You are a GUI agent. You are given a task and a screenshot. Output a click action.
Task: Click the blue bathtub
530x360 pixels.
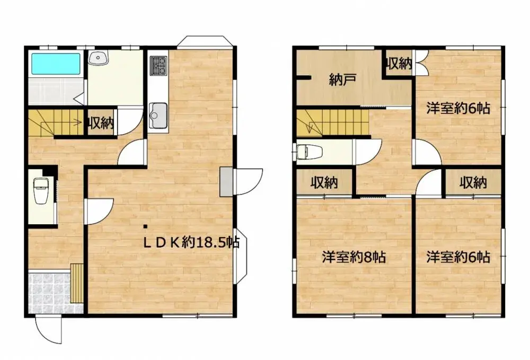pyautogui.click(x=56, y=64)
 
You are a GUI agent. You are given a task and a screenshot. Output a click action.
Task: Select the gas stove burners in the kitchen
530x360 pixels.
pyautogui.click(x=158, y=66)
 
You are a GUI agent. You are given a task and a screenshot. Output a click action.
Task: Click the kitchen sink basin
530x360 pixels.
pyautogui.click(x=158, y=113)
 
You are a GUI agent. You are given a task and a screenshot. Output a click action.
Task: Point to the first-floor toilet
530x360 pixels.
pyautogui.click(x=41, y=191)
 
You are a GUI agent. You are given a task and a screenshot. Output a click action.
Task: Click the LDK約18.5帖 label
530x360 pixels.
pyautogui.click(x=192, y=243)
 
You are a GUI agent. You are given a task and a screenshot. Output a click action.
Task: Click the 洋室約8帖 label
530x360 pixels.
pyautogui.click(x=354, y=258)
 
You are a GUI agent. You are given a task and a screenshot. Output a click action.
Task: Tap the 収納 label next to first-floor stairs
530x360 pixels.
pyautogui.click(x=101, y=124)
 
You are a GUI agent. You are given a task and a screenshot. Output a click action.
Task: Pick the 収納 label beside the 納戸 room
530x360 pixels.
pyautogui.click(x=399, y=64)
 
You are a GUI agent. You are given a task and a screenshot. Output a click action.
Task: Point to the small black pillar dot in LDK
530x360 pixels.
pyautogui.click(x=146, y=227)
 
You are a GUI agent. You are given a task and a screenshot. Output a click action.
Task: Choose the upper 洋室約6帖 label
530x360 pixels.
pyautogui.click(x=458, y=109)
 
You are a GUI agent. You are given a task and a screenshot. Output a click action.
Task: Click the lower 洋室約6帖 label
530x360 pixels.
pyautogui.click(x=458, y=258)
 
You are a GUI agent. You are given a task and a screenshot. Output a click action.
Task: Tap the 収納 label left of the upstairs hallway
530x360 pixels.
pyautogui.click(x=324, y=183)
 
